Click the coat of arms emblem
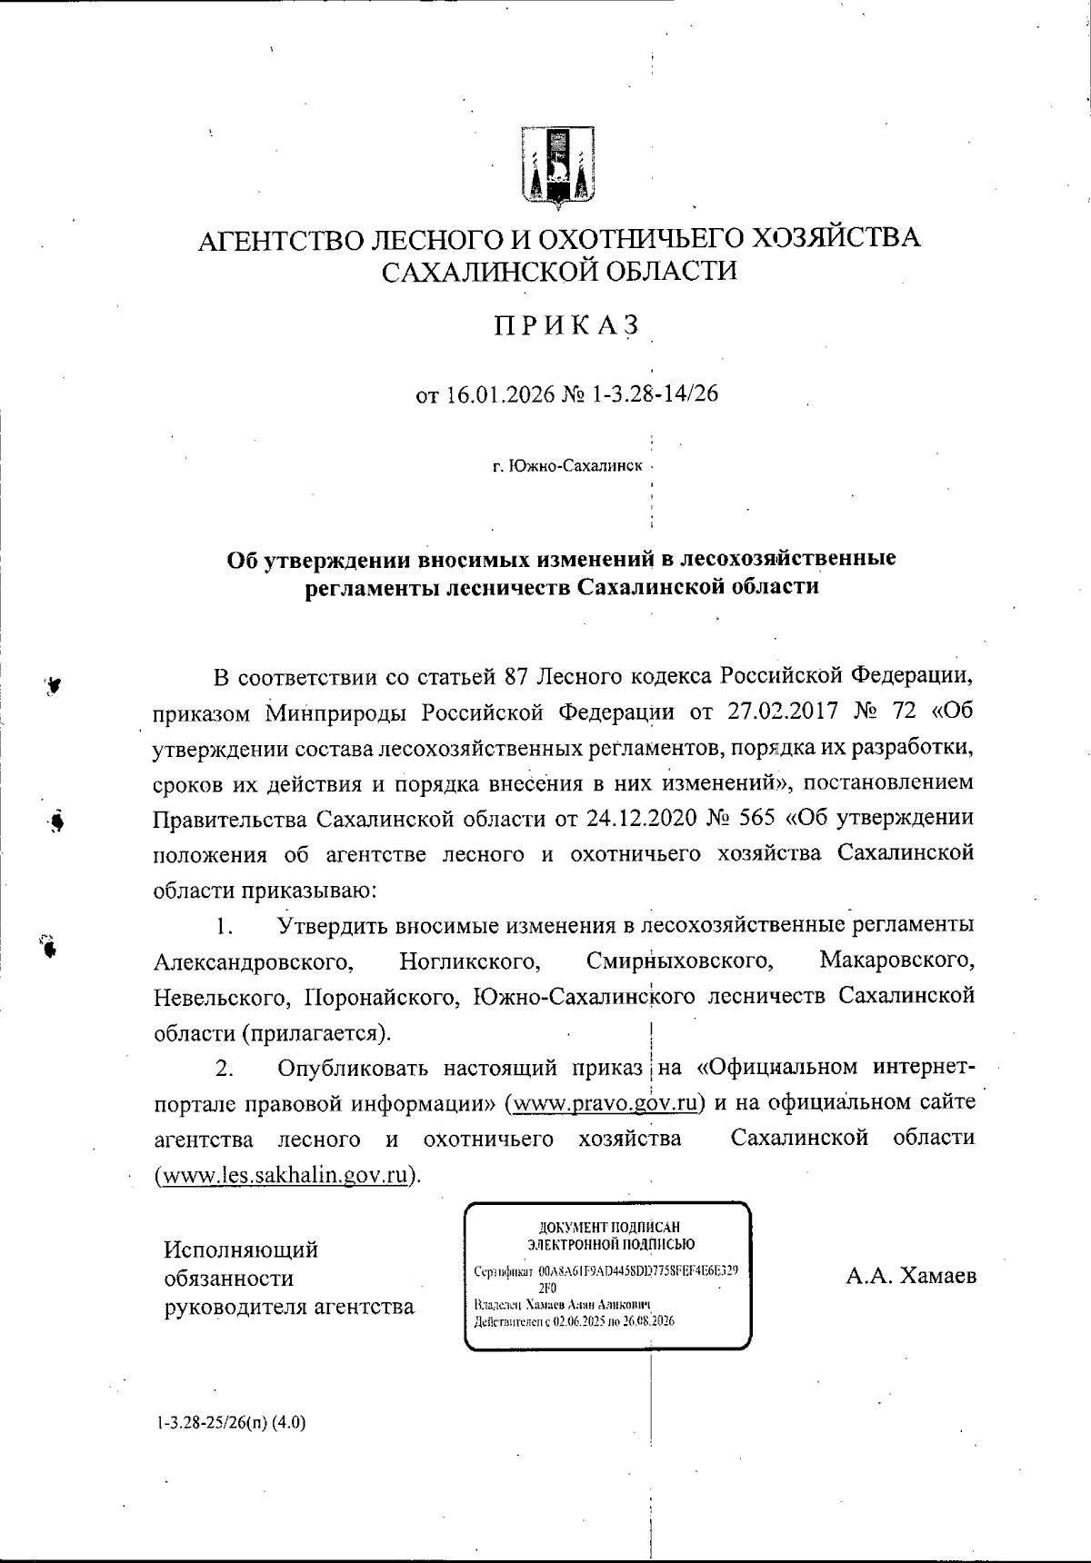pyautogui.click(x=557, y=164)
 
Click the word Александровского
pyautogui.click(x=254, y=961)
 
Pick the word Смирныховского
pyautogui.click(x=680, y=961)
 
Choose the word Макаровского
pyautogui.click(x=896, y=961)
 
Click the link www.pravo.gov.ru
pyautogui.click(x=606, y=1103)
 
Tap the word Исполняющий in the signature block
pyautogui.click(x=241, y=1249)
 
